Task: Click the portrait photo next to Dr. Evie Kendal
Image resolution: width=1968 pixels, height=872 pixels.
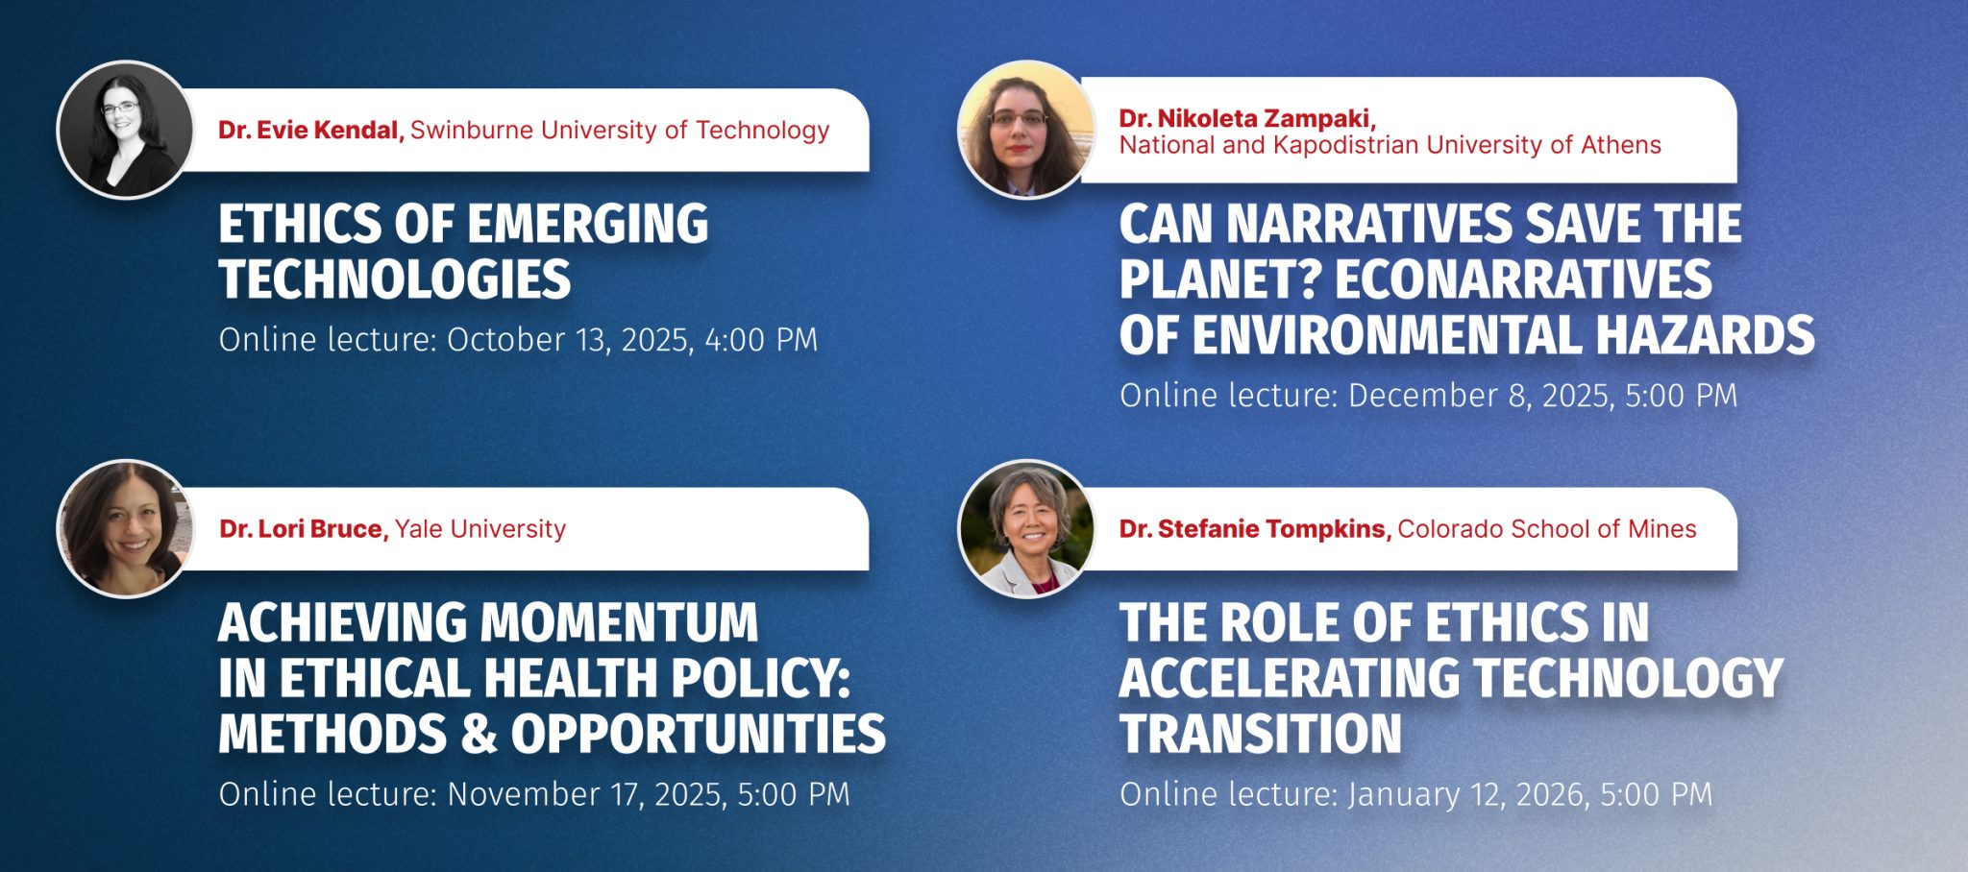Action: click(x=125, y=130)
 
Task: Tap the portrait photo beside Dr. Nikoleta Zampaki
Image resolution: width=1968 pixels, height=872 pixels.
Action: click(x=1026, y=130)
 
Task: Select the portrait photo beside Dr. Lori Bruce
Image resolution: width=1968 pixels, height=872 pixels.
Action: click(x=125, y=529)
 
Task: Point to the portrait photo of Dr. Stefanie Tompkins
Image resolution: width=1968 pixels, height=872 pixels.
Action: click(x=1026, y=529)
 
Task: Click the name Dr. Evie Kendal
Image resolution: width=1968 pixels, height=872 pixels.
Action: click(x=310, y=130)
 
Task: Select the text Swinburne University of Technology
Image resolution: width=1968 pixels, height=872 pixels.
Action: click(x=620, y=130)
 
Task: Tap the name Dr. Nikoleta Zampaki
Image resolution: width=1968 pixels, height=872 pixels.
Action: click(x=1247, y=118)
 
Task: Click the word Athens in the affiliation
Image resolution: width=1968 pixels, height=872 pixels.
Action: click(x=1621, y=145)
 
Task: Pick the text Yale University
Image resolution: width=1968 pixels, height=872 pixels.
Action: click(x=480, y=529)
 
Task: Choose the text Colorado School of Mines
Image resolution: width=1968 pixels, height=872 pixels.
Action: click(x=1547, y=529)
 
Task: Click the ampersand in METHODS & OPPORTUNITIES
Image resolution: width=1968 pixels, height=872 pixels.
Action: click(x=479, y=734)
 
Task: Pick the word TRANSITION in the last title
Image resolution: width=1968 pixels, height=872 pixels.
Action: click(x=1261, y=734)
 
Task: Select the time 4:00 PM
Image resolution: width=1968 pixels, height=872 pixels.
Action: click(x=761, y=340)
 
